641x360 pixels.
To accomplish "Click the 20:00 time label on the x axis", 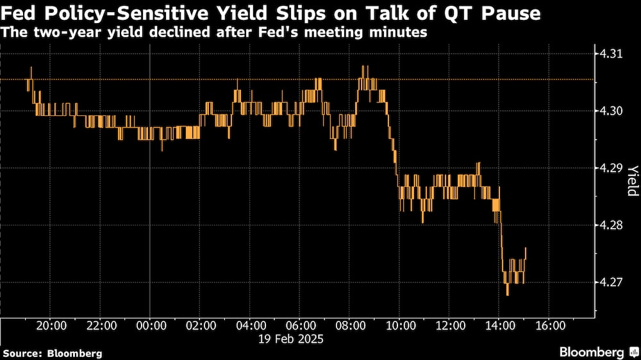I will point(51,325).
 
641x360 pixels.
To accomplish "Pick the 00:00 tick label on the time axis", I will point(149,325).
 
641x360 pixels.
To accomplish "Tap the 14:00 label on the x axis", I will point(499,325).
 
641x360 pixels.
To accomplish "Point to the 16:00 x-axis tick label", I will point(549,325).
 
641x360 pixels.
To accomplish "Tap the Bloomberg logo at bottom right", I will point(592,352).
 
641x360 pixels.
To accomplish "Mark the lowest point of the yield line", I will point(508,295).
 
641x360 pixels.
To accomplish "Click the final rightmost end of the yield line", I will point(526,248).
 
